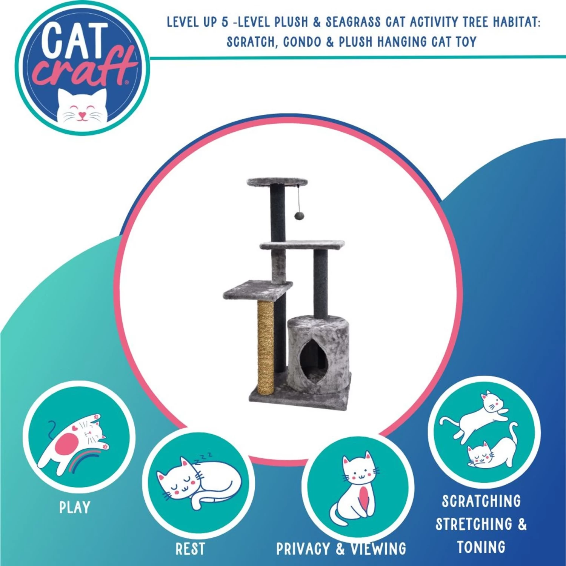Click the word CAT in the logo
[x=74, y=40]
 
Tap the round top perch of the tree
[x=277, y=182]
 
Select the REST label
[x=190, y=549]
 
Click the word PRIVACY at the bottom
[x=303, y=549]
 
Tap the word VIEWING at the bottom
[x=378, y=549]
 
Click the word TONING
[x=481, y=547]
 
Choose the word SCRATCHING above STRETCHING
[x=481, y=501]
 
